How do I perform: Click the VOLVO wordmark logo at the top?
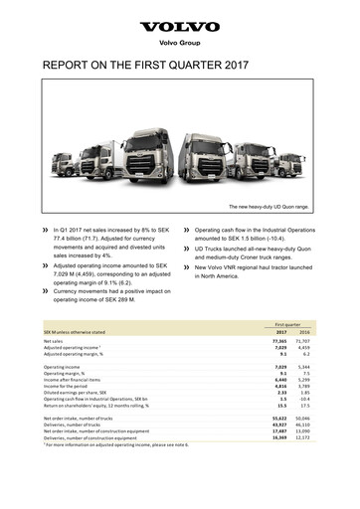click(x=180, y=27)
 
